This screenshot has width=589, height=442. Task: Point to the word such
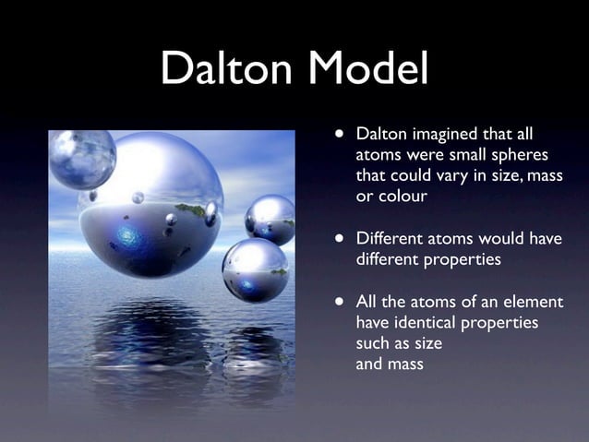375,343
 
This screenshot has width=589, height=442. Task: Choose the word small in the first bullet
461,155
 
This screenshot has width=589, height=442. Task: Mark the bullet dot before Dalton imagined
341,135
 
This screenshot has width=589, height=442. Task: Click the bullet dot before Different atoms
341,239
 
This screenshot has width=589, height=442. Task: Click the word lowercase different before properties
388,259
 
